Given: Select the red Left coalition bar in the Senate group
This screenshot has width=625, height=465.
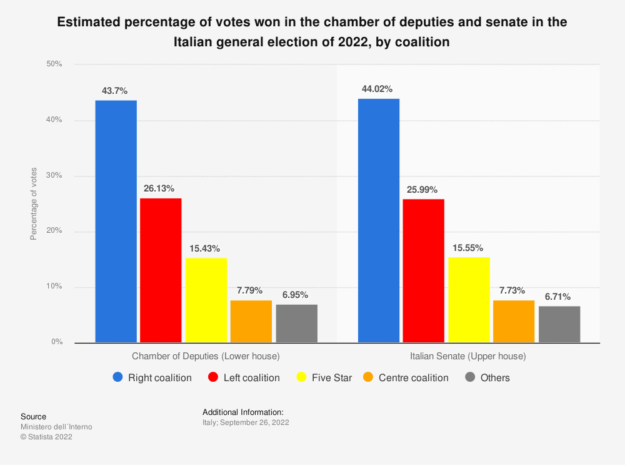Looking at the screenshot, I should click(x=424, y=270).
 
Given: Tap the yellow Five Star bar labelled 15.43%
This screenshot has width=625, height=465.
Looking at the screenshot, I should click(x=206, y=300).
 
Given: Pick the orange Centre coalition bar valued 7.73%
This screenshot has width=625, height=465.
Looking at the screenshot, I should click(x=514, y=321).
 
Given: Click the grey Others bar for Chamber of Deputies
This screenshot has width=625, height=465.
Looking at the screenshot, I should click(x=297, y=323).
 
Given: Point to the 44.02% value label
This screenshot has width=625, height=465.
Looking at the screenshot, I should click(x=377, y=89).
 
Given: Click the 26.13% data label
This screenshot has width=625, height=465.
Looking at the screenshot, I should click(x=161, y=188).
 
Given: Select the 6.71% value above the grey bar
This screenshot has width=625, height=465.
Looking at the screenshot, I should click(x=559, y=297).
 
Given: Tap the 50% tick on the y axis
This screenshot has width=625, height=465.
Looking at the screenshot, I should click(x=54, y=64).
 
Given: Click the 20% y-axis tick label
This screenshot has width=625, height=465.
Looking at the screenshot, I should click(x=54, y=231).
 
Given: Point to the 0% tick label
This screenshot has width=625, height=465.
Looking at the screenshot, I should click(x=56, y=342).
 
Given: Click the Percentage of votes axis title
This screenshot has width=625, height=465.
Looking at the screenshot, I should click(x=34, y=204).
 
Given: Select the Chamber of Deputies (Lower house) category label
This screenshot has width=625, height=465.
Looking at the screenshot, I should click(x=206, y=357).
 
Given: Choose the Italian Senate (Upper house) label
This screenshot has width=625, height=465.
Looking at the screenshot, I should click(x=468, y=357).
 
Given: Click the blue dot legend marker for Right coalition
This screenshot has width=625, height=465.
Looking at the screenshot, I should click(x=118, y=377).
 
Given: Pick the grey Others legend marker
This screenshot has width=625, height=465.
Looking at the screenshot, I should click(x=470, y=377).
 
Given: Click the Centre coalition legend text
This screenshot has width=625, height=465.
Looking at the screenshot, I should click(x=414, y=378).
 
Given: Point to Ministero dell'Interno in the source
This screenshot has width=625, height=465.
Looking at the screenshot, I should click(x=56, y=427).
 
